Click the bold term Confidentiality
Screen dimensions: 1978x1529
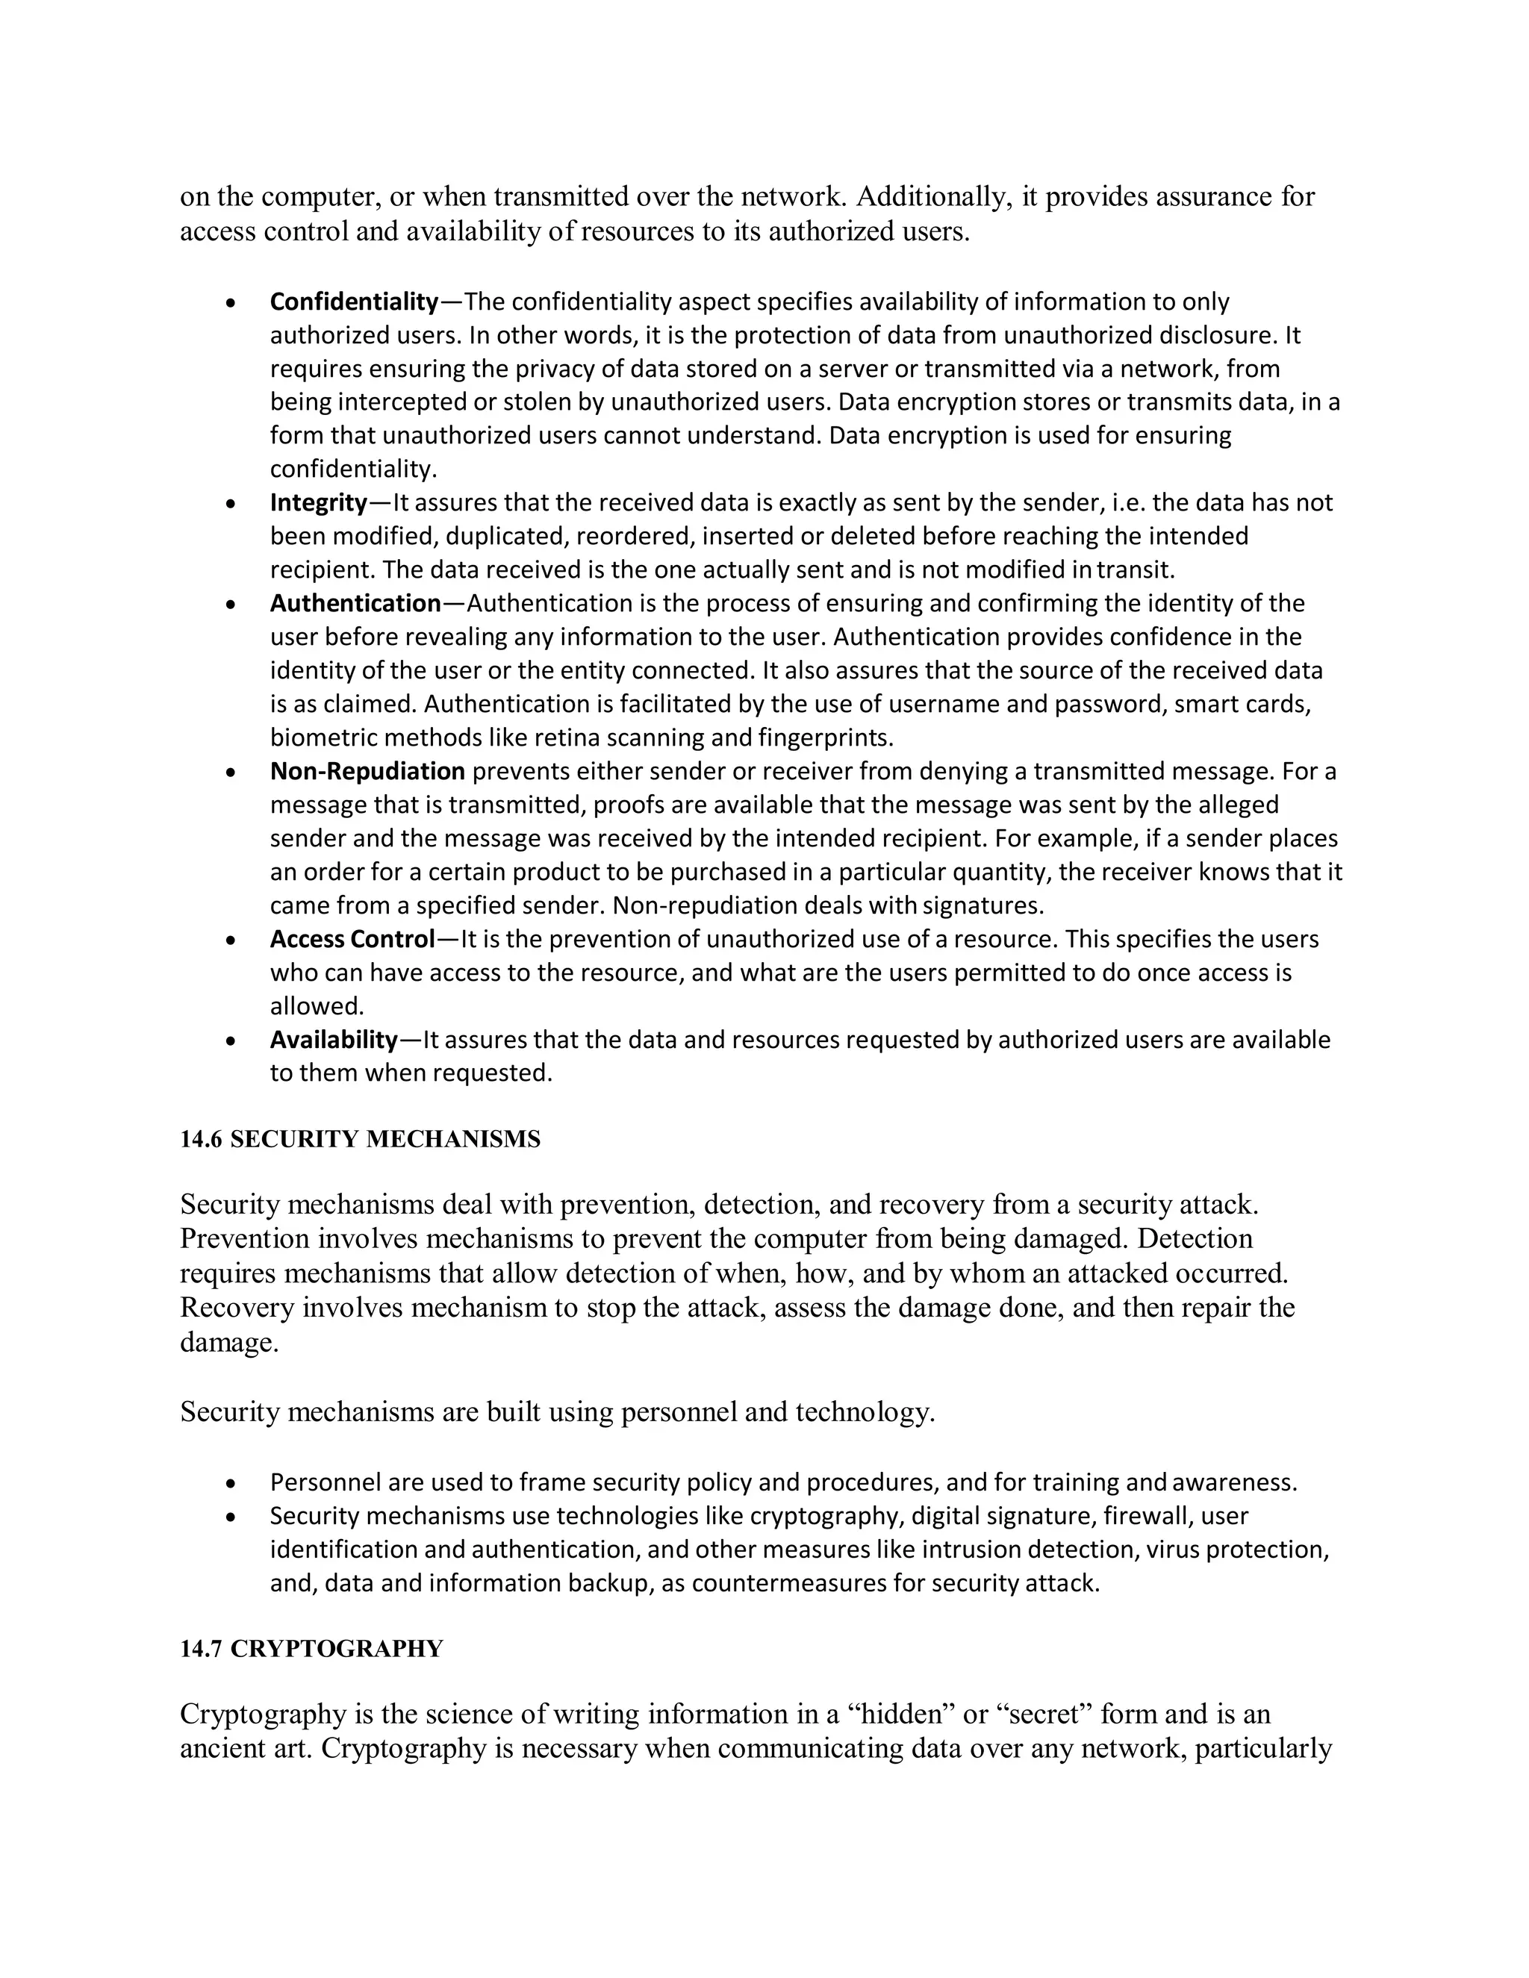[353, 302]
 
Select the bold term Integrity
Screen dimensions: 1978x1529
[318, 502]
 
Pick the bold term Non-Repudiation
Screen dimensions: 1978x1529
[367, 772]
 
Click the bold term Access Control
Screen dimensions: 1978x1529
[352, 939]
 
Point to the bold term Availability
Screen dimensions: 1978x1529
[333, 1040]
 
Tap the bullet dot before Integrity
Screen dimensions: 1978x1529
[233, 504]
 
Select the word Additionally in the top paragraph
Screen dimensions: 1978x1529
[933, 196]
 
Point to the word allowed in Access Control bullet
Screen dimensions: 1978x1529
[316, 1006]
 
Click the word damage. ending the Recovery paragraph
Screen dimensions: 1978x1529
[228, 1342]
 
